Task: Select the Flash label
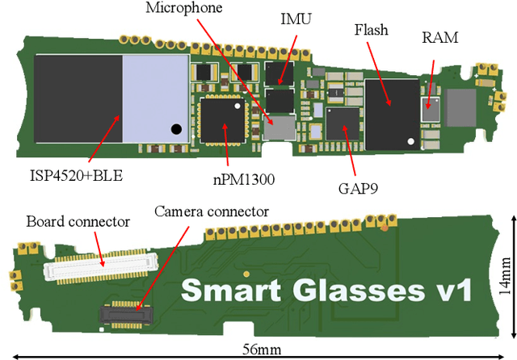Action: pos(372,31)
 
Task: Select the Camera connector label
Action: pos(211,211)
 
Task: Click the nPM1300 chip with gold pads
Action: pos(221,119)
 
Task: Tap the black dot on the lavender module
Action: pos(175,128)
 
